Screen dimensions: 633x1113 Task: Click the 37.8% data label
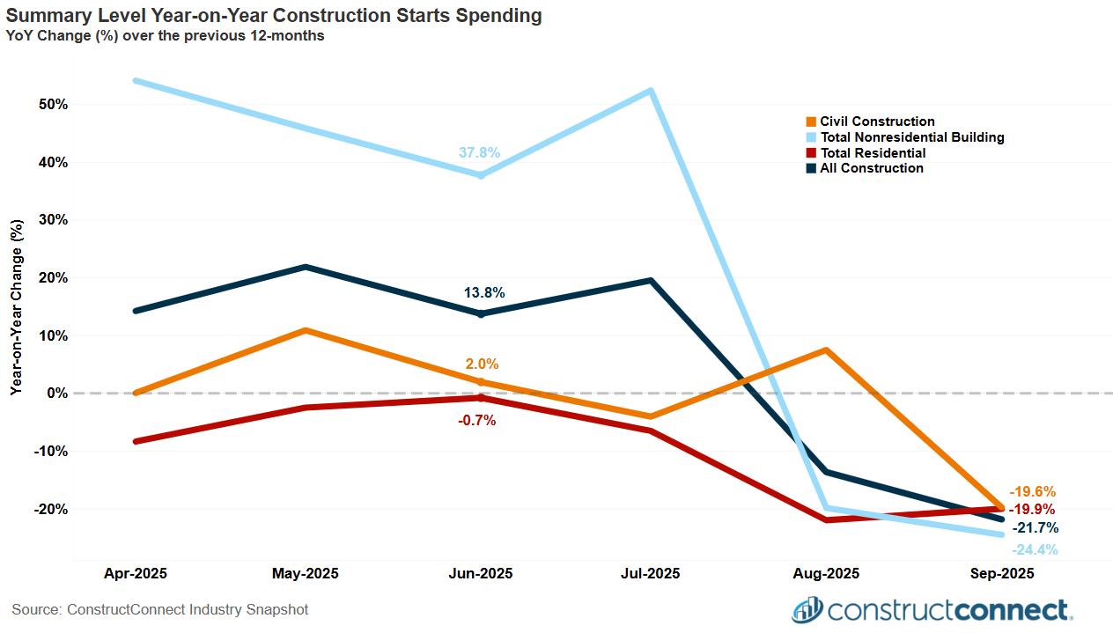coord(479,152)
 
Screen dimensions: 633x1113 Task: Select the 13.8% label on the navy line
coord(484,292)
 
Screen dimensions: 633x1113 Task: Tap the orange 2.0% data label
coord(482,364)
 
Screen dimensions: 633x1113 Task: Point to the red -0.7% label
coord(477,421)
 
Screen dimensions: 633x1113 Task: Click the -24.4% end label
coord(1035,550)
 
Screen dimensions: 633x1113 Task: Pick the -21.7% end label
coord(1035,528)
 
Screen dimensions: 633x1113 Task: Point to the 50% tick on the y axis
coord(54,104)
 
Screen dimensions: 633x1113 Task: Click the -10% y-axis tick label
coord(50,451)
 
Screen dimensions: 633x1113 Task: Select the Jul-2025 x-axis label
coord(650,573)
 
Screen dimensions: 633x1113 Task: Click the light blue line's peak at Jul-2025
coord(650,91)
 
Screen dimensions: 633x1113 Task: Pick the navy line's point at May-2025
coord(305,267)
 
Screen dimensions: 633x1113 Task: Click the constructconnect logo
coord(932,609)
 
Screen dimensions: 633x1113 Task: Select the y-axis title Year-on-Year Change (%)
coord(17,306)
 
